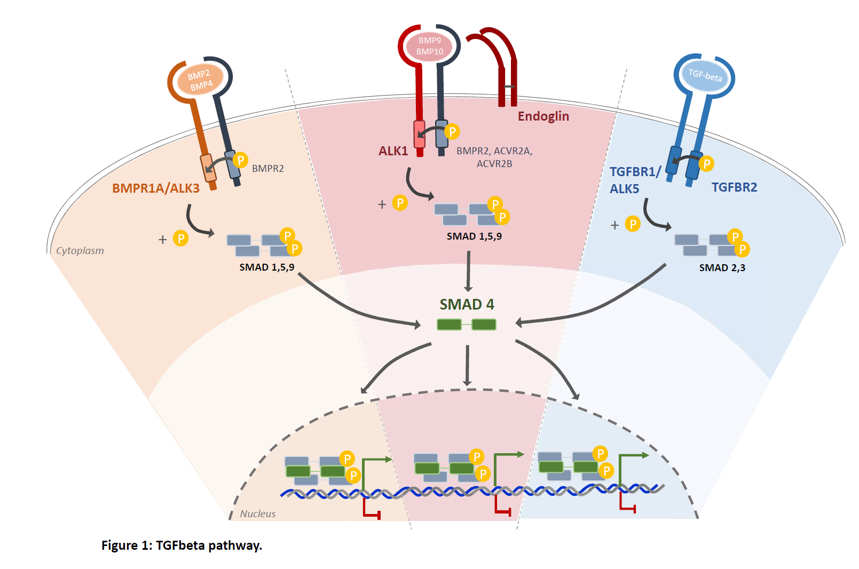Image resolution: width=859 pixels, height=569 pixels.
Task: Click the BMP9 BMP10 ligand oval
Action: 429,46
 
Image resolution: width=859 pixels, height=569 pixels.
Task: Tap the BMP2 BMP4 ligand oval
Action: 200,80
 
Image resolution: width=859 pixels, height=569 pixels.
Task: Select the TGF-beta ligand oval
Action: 705,75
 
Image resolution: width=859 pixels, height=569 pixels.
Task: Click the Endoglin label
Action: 543,116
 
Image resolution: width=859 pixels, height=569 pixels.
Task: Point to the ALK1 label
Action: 393,151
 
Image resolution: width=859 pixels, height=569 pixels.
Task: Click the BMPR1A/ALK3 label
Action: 156,188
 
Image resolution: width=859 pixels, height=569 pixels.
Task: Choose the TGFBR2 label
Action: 734,187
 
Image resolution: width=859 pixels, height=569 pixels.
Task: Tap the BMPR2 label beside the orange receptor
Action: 267,169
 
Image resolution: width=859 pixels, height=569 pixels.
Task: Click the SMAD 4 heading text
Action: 467,304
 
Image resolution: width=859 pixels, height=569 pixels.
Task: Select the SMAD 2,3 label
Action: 722,268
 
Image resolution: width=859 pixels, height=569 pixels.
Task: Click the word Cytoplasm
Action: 80,251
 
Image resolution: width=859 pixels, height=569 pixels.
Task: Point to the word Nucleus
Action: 258,514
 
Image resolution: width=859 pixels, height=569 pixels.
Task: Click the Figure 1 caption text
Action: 182,546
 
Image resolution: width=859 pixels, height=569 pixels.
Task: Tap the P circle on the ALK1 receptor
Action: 452,131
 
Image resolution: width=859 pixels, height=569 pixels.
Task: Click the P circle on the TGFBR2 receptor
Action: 706,164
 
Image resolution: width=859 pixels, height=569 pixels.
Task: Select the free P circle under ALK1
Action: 400,203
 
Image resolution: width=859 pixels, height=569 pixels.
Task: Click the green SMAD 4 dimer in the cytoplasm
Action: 467,324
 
